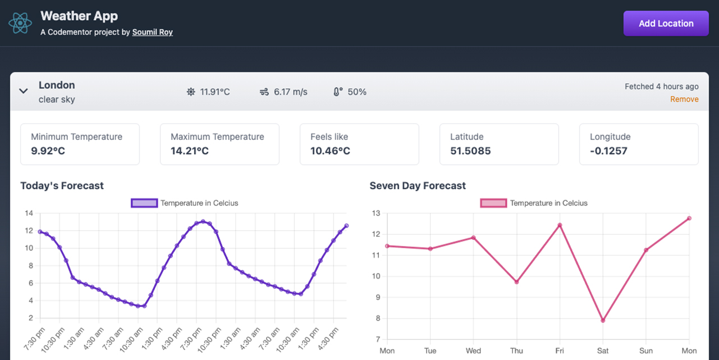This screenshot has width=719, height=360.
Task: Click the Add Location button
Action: pyautogui.click(x=666, y=24)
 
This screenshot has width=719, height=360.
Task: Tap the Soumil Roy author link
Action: pyautogui.click(x=152, y=33)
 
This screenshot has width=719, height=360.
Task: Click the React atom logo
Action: pyautogui.click(x=20, y=23)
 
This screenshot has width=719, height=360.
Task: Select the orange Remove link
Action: pyautogui.click(x=684, y=99)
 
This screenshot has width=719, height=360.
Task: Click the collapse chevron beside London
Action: pyautogui.click(x=24, y=91)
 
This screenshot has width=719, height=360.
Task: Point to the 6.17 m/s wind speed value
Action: pyautogui.click(x=290, y=92)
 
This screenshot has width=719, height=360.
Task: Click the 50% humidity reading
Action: pyautogui.click(x=357, y=92)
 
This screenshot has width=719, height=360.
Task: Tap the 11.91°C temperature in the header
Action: pyautogui.click(x=215, y=92)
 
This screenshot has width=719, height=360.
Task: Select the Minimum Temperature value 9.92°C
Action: pyautogui.click(x=48, y=151)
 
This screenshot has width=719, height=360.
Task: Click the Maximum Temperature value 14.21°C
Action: pyautogui.click(x=190, y=151)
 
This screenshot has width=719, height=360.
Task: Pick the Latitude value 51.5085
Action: pyautogui.click(x=470, y=151)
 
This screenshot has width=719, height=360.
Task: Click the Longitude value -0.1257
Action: pyautogui.click(x=608, y=151)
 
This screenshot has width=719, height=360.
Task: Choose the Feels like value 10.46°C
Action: pyautogui.click(x=330, y=151)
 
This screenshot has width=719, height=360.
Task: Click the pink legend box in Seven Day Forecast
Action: pyautogui.click(x=494, y=203)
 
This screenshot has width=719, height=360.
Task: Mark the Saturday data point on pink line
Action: pyautogui.click(x=603, y=321)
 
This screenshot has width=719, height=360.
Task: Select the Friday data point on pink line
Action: pyautogui.click(x=560, y=225)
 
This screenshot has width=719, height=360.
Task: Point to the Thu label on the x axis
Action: pyautogui.click(x=516, y=351)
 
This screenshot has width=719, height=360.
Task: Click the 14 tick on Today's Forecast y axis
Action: pyautogui.click(x=29, y=213)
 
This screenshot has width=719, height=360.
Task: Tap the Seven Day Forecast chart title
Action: pyautogui.click(x=418, y=186)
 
